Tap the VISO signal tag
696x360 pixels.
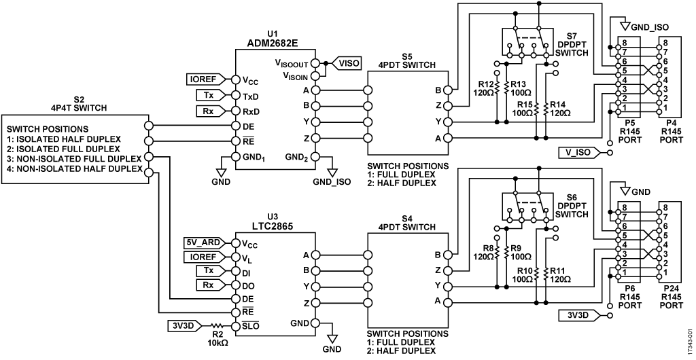pyautogui.click(x=351, y=61)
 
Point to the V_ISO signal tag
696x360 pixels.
pyautogui.click(x=579, y=151)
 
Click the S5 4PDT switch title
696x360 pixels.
pyautogui.click(x=407, y=61)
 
